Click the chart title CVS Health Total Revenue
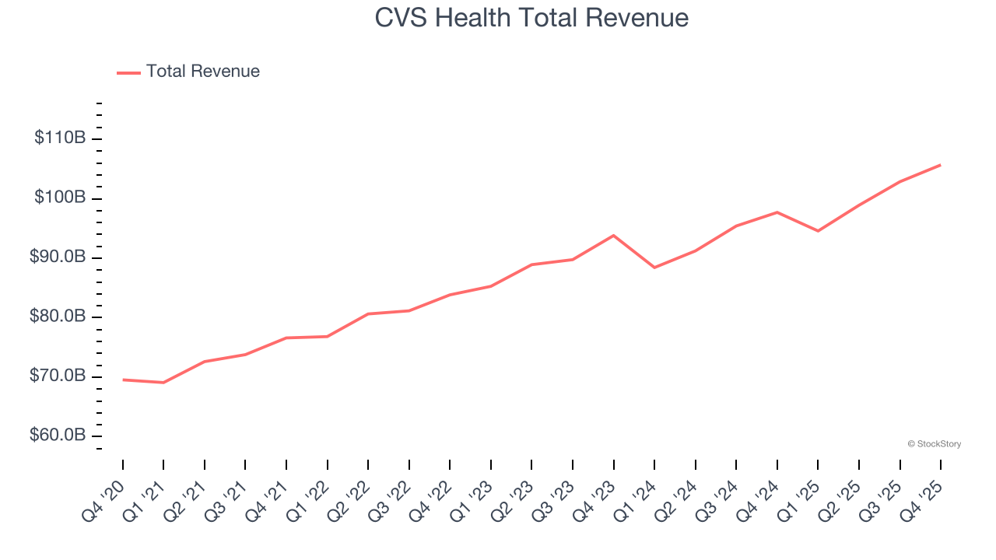click(x=531, y=18)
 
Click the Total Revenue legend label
click(x=202, y=72)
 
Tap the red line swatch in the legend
click(x=128, y=72)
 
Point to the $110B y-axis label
click(x=60, y=138)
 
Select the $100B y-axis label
click(x=60, y=198)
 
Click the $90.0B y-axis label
click(x=58, y=257)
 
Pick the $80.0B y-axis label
click(x=58, y=317)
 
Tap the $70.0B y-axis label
click(x=58, y=376)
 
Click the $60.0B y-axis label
click(x=58, y=436)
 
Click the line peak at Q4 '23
click(x=613, y=235)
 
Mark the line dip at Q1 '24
click(x=654, y=268)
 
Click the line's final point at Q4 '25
click(x=940, y=165)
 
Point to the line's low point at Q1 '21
click(x=163, y=383)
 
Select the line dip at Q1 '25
click(x=818, y=231)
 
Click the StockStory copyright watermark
click(x=934, y=444)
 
